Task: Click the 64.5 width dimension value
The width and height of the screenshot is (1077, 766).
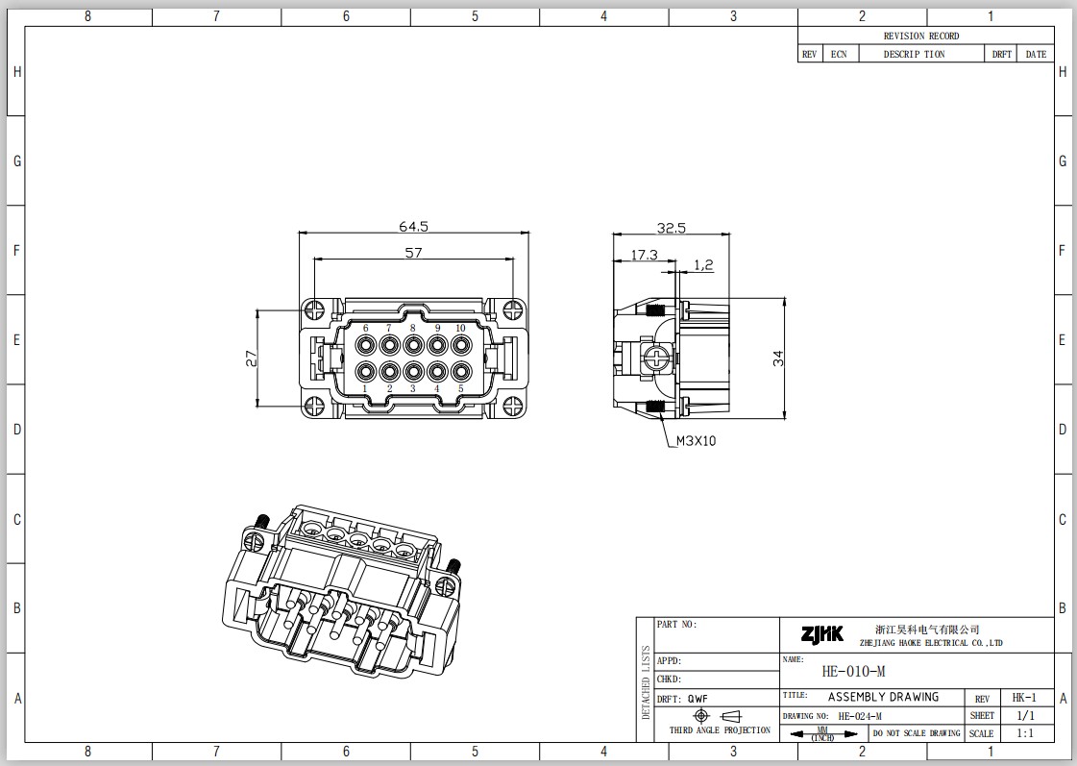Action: [x=413, y=226]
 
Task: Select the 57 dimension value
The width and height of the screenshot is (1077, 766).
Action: [x=413, y=252]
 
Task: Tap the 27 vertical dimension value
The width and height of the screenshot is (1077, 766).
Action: [x=252, y=358]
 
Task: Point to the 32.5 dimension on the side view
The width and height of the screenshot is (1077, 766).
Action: [x=671, y=228]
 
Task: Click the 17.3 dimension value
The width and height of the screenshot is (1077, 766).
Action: [x=645, y=254]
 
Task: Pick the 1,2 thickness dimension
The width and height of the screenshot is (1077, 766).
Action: [x=703, y=264]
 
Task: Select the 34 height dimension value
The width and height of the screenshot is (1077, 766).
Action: [x=777, y=358]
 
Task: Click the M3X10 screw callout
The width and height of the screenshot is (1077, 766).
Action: [x=696, y=441]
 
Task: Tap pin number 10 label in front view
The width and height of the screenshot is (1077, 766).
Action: [x=460, y=329]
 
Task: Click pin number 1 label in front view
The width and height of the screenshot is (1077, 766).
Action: [x=365, y=388]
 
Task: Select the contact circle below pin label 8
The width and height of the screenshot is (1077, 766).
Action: [x=413, y=344]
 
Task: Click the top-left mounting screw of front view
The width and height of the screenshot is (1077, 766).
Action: [x=315, y=309]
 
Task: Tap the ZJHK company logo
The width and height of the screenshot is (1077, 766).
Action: [x=822, y=633]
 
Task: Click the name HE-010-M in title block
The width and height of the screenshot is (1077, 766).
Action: [x=854, y=671]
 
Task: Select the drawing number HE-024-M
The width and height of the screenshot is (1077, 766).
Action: [x=860, y=716]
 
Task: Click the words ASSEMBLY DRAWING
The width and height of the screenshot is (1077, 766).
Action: [x=883, y=697]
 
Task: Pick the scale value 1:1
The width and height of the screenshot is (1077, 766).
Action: [x=1025, y=733]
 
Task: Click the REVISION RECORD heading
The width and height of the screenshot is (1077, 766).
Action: [x=921, y=36]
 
